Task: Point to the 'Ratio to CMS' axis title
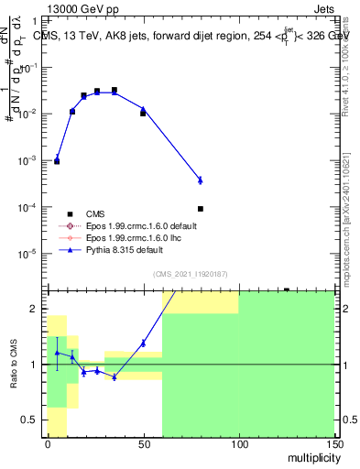point(16,365)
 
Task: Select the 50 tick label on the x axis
point(143,443)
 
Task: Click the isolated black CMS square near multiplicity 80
point(201,209)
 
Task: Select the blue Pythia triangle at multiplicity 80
point(201,180)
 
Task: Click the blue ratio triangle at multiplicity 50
point(143,344)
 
